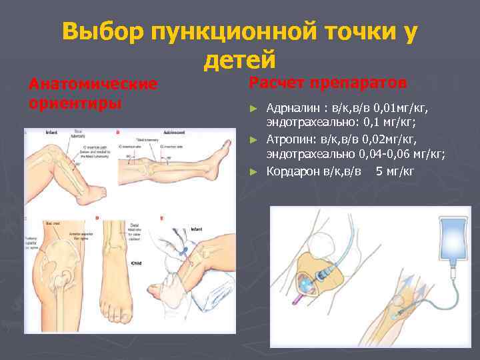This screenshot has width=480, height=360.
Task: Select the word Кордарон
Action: pyautogui.click(x=295, y=171)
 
